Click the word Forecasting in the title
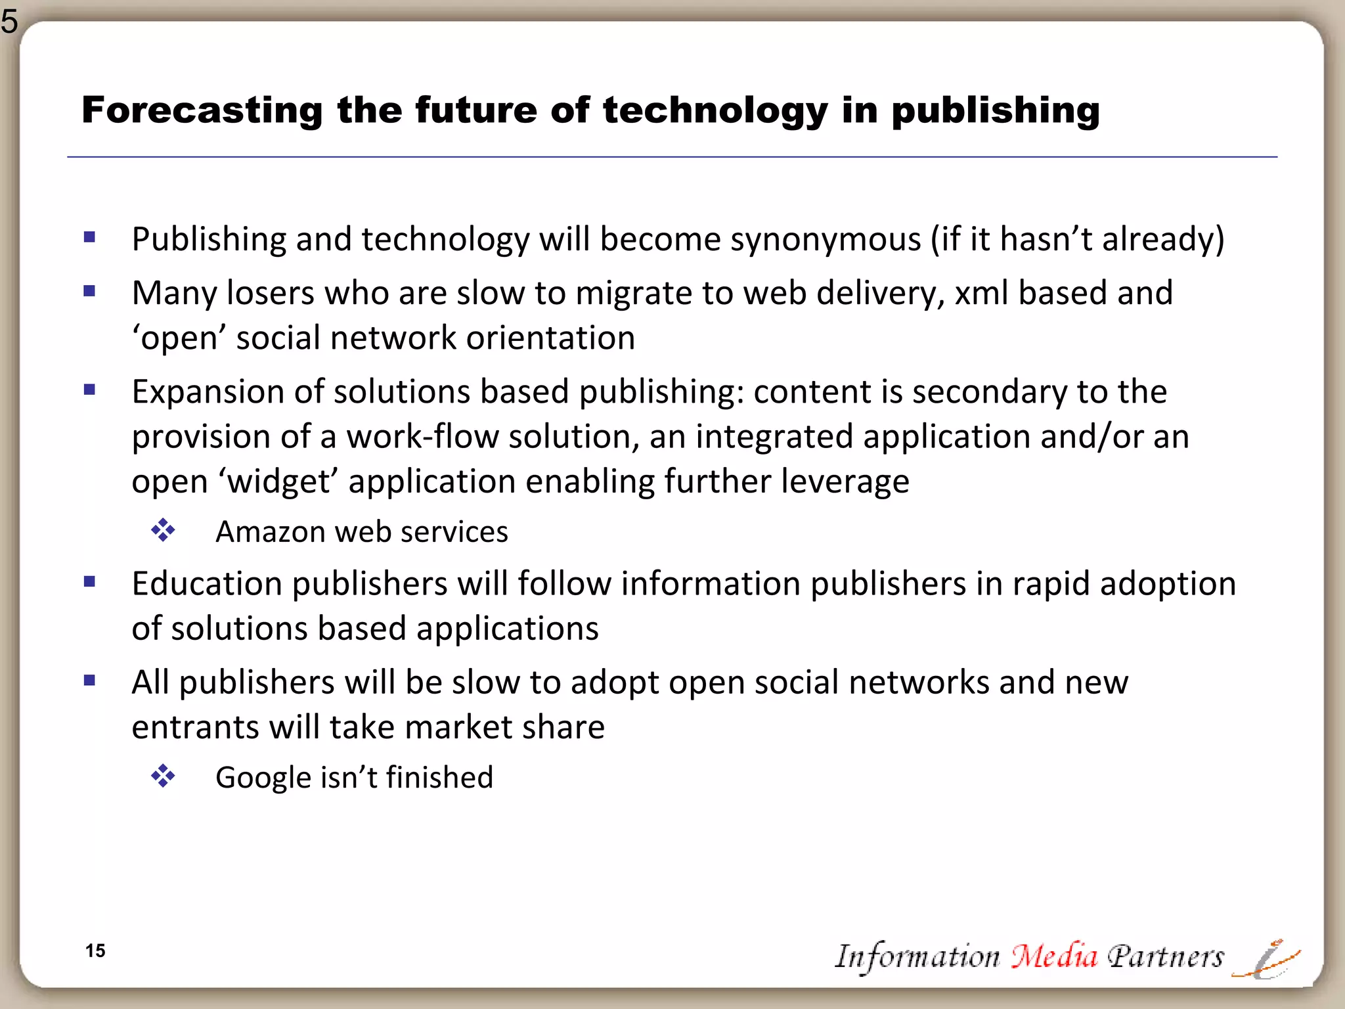[x=202, y=110]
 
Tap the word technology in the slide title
[x=715, y=110]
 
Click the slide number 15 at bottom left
[x=95, y=951]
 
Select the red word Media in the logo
[x=1054, y=956]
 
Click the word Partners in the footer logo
[x=1166, y=956]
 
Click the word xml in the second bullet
[x=981, y=293]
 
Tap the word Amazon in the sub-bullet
[x=270, y=531]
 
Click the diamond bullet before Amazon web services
[x=163, y=530]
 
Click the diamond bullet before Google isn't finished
[x=163, y=776]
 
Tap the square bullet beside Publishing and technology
[x=90, y=237]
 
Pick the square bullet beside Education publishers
[x=90, y=581]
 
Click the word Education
[x=207, y=584]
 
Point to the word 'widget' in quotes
[x=281, y=482]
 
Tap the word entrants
[x=195, y=727]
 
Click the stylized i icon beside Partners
[x=1267, y=960]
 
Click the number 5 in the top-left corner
[x=9, y=21]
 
